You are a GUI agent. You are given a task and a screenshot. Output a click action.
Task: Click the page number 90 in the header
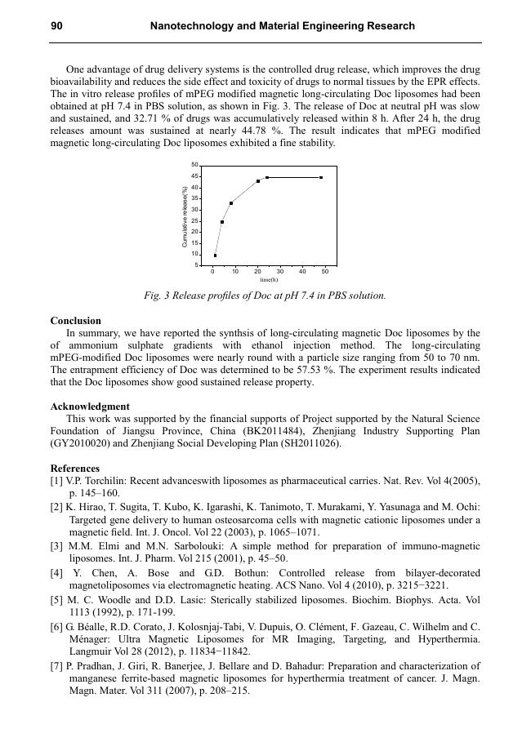tap(56, 26)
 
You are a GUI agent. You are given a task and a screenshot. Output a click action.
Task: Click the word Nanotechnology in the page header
tap(192, 26)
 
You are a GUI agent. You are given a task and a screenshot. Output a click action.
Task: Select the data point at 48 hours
tap(321, 177)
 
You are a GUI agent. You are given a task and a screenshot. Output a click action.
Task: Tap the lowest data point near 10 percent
tap(215, 256)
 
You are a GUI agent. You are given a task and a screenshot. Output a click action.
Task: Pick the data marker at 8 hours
tap(231, 203)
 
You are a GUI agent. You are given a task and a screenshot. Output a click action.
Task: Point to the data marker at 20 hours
tap(258, 181)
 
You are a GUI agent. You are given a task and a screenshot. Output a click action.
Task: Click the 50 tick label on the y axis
tap(194, 166)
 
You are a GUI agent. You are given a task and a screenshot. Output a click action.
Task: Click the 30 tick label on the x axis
tap(280, 271)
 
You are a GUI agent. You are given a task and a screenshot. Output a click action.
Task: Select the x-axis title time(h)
tap(269, 280)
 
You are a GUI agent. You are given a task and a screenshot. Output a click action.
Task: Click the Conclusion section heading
tap(76, 321)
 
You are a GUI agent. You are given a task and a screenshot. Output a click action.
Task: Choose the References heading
tap(75, 469)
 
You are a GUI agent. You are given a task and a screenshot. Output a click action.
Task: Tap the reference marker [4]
tap(56, 573)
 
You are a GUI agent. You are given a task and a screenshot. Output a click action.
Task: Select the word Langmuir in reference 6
tap(93, 652)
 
